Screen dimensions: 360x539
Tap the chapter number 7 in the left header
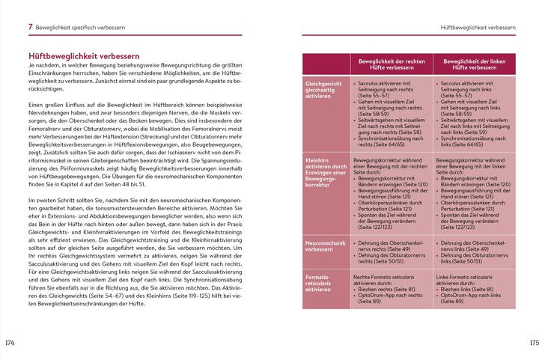[30, 27]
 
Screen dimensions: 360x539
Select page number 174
[10, 343]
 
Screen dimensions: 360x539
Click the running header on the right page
[486, 28]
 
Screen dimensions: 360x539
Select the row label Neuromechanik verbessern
[324, 248]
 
